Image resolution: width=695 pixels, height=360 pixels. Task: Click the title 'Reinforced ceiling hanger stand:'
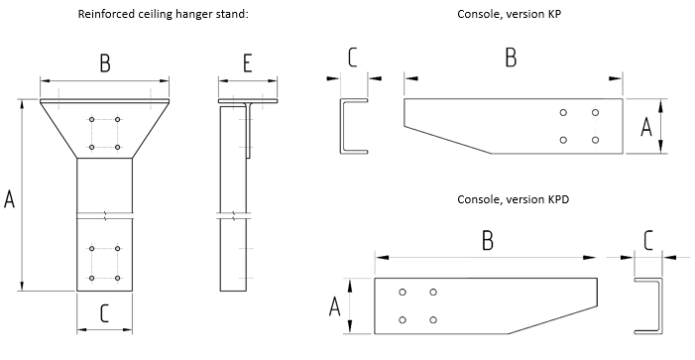[164, 14]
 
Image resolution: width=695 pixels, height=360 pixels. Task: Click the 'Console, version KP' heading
[510, 14]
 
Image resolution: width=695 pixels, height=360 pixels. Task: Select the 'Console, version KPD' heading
[514, 199]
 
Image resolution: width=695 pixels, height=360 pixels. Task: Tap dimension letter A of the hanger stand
[9, 198]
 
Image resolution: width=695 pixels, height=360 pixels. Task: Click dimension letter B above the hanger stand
[105, 63]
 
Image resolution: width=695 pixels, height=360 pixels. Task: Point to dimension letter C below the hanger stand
[105, 313]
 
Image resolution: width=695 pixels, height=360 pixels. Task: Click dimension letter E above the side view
[247, 63]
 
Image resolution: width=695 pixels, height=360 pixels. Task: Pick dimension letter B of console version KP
[511, 58]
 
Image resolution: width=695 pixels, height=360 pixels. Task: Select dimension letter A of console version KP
[646, 127]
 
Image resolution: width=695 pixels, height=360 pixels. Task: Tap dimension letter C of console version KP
[352, 58]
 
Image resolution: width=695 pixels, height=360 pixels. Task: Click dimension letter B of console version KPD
[488, 241]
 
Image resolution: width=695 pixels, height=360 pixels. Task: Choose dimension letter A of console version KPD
[335, 306]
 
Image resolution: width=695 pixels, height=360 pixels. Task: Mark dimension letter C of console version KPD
[648, 241]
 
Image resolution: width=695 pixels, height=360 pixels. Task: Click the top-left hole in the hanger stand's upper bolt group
[92, 120]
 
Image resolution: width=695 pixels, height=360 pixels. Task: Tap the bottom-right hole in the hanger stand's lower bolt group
[117, 279]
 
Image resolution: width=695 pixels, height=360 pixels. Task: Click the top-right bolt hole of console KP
[595, 113]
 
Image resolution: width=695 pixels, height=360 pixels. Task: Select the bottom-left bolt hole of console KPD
[403, 320]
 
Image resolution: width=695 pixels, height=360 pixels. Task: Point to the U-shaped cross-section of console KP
[341, 126]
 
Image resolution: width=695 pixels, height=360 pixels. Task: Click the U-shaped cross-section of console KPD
[661, 305]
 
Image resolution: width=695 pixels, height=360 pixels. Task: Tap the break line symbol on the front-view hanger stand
[105, 216]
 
